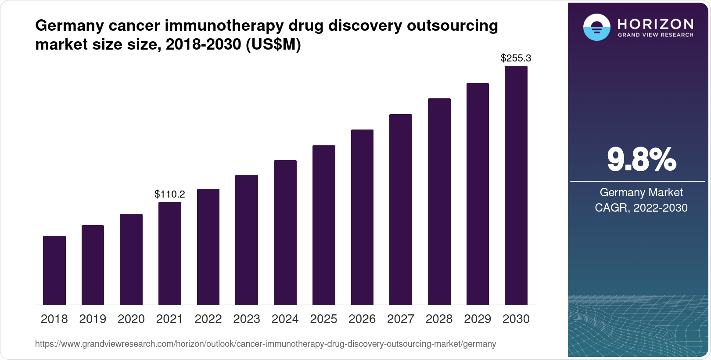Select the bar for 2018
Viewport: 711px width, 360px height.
[54, 270]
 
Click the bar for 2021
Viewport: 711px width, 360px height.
[170, 253]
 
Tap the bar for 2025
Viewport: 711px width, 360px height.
[324, 225]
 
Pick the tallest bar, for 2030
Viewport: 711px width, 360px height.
[516, 185]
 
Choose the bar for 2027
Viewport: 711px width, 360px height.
[401, 209]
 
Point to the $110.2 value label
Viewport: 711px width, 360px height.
[170, 194]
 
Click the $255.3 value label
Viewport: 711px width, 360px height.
[516, 58]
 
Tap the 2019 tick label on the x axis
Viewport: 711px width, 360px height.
[93, 319]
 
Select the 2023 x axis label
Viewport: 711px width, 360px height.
[247, 319]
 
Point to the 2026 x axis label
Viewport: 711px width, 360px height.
[362, 319]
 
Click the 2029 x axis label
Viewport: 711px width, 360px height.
[478, 319]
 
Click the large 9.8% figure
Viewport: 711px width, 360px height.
[641, 160]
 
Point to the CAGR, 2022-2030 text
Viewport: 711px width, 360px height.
[641, 208]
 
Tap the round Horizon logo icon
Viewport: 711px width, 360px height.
[596, 27]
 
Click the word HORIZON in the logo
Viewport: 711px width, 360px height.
[656, 24]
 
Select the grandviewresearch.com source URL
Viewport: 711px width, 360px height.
[266, 344]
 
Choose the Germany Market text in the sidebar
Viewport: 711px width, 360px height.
[641, 192]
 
